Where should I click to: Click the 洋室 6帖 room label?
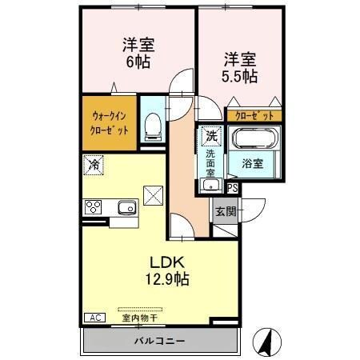click(x=137, y=52)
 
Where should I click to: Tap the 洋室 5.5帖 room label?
click(x=239, y=68)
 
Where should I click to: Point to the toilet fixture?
click(x=153, y=123)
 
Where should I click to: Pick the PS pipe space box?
click(x=233, y=188)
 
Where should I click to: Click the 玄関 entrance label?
click(x=224, y=211)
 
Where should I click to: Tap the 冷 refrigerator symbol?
click(x=94, y=165)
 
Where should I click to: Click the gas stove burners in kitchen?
click(x=93, y=207)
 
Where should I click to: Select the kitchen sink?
click(x=126, y=209)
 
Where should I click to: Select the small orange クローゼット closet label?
click(x=253, y=115)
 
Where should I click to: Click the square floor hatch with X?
click(x=153, y=194)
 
